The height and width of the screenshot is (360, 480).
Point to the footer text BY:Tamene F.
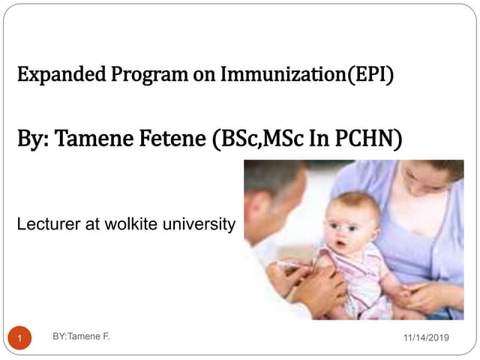(x=82, y=337)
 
